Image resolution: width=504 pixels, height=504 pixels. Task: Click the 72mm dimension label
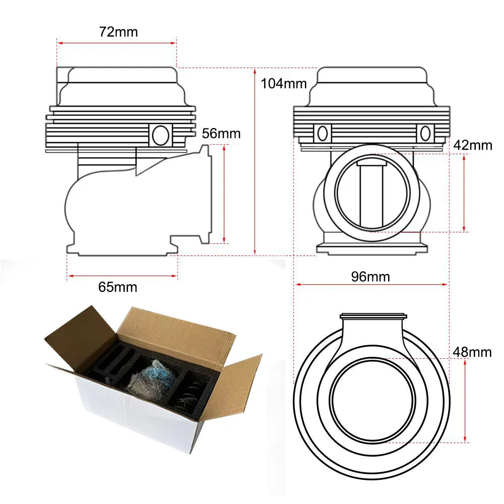[118, 32]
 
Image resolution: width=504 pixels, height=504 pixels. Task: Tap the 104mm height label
[283, 84]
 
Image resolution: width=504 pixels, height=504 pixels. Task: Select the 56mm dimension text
[221, 134]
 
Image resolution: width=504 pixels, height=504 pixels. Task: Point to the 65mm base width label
[117, 287]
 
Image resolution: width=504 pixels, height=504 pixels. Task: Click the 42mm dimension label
[473, 146]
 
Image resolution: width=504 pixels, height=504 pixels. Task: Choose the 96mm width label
[370, 277]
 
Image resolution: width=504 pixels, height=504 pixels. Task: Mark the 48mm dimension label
[472, 352]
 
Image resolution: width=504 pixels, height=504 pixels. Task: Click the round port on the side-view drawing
[161, 135]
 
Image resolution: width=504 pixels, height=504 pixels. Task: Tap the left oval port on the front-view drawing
[323, 133]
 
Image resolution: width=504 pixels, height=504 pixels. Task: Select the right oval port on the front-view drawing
[425, 133]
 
